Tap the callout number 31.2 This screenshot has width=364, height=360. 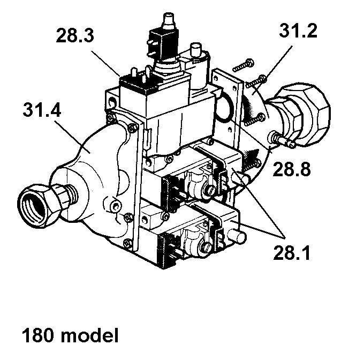coord(298,31)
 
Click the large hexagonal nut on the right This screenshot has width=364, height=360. coord(307,110)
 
